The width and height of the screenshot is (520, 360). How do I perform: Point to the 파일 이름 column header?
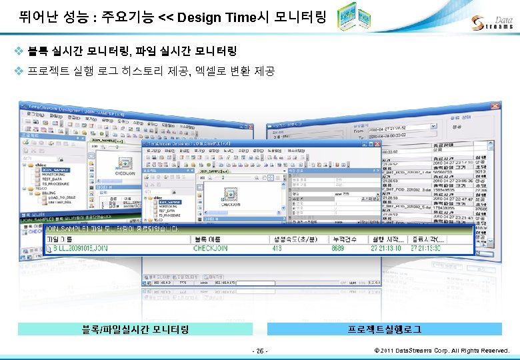63,239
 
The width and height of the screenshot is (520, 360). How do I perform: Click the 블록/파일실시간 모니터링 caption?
135,329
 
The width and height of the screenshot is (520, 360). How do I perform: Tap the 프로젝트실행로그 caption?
384,329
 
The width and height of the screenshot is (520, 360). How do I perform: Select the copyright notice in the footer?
442,350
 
